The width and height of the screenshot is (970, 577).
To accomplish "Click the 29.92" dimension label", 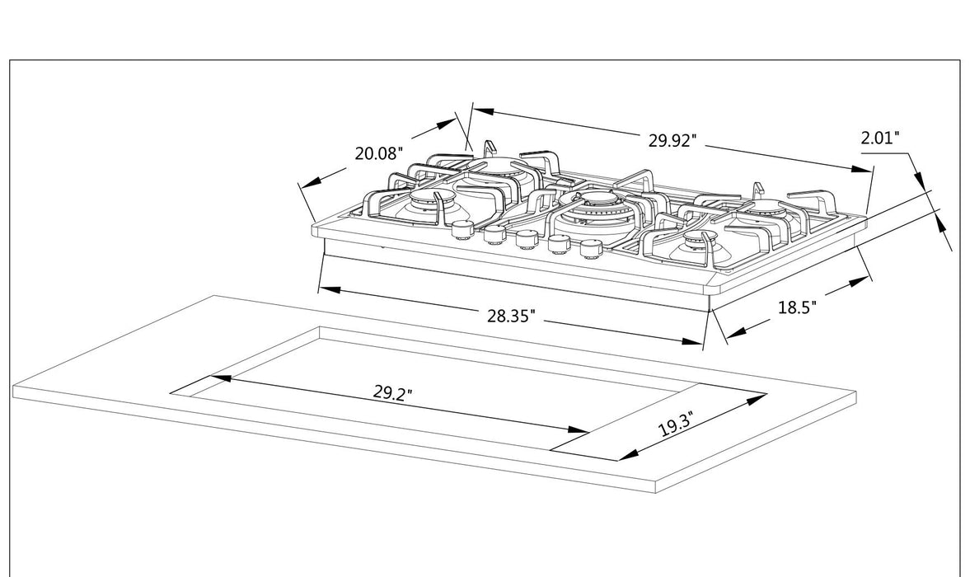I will tap(672, 140).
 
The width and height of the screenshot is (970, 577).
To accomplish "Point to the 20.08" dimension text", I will tap(378, 153).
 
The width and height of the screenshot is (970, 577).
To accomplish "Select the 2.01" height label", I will tap(879, 138).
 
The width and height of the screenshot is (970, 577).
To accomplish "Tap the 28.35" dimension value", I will tap(511, 315).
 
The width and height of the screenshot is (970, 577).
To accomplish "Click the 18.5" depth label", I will tap(797, 307).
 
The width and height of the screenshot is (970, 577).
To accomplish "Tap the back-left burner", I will tap(492, 167).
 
